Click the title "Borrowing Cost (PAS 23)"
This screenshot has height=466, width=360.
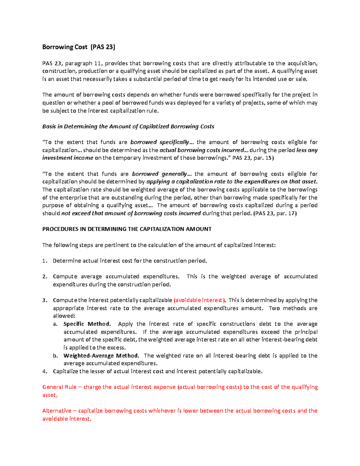(79, 47)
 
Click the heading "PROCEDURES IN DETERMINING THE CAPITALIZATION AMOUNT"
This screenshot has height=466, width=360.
(127, 229)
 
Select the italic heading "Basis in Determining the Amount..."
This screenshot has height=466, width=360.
(128, 127)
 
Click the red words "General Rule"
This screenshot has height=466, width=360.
(59, 387)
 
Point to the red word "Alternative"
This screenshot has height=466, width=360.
(57, 411)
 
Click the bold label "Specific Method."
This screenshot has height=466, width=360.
(87, 324)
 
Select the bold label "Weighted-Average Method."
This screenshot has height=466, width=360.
(101, 356)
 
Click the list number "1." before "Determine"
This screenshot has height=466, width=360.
(45, 261)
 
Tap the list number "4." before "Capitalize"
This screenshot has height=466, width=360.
(45, 371)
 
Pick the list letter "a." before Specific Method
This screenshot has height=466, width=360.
(55, 324)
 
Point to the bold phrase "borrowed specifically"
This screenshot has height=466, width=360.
(160, 142)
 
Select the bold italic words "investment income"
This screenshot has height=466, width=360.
(67, 158)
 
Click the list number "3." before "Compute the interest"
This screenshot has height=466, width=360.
(45, 300)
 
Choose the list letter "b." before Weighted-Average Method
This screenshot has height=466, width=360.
(55, 356)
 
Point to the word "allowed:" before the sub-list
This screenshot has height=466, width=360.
(64, 316)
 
